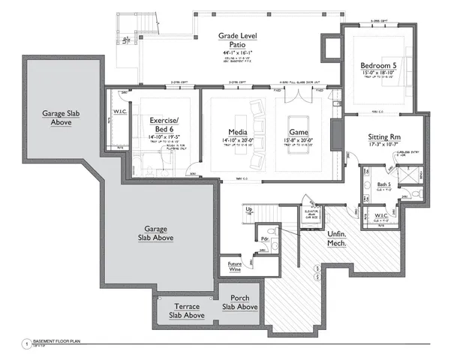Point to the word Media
tap(239, 132)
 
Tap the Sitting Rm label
tap(387, 138)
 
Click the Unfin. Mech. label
tap(338, 239)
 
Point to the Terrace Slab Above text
tap(185, 310)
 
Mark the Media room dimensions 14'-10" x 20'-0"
tap(239, 140)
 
